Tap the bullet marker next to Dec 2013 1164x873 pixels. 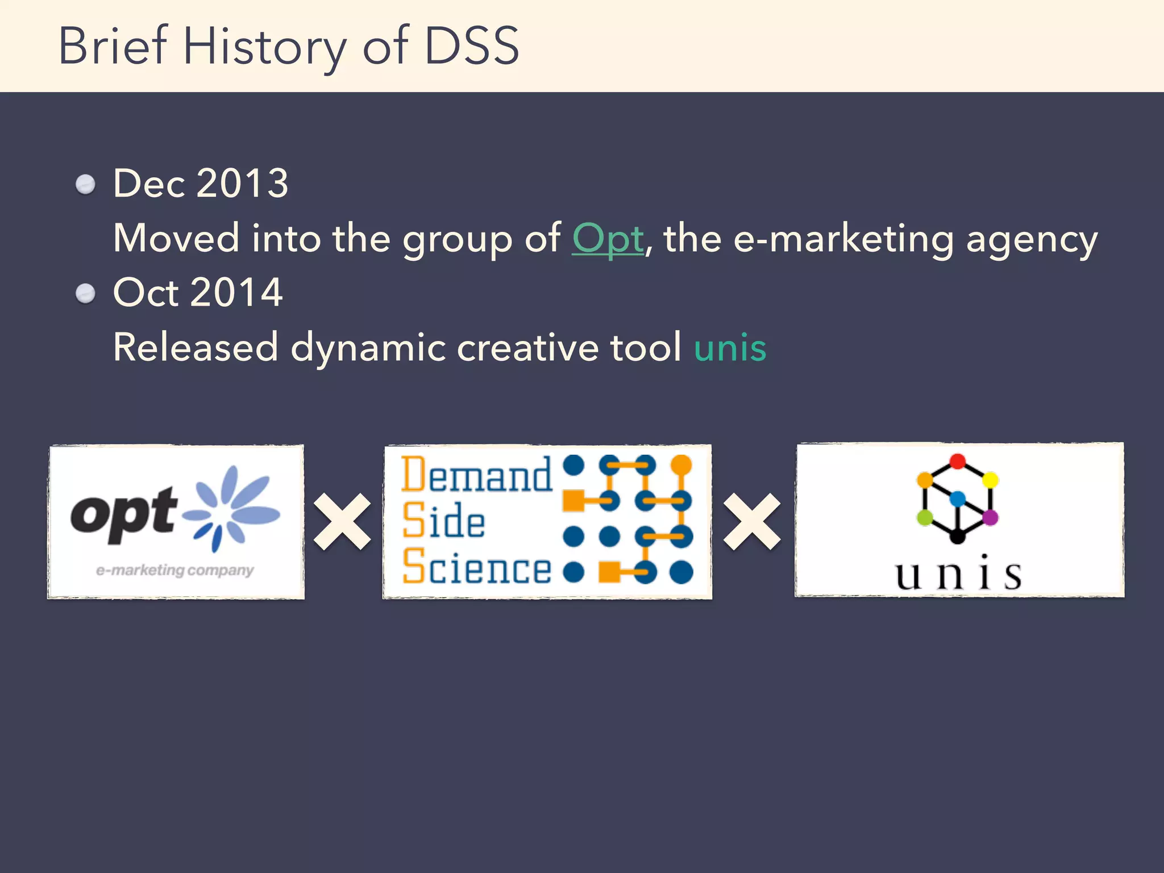tap(86, 184)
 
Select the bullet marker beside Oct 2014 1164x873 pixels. tap(86, 293)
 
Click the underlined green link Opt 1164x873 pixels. tap(608, 239)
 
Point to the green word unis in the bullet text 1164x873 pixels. tap(730, 347)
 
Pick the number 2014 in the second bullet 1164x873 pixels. tap(236, 293)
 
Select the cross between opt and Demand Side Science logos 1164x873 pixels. tap(342, 521)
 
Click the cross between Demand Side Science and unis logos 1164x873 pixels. tap(752, 521)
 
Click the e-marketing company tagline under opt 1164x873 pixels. tap(174, 570)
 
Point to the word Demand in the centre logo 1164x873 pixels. tap(476, 474)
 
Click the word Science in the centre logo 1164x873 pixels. tap(476, 567)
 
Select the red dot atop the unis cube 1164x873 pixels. tap(958, 461)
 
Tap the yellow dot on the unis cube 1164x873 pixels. tap(990, 480)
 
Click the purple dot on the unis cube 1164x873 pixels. tap(990, 517)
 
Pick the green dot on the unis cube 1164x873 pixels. tap(925, 517)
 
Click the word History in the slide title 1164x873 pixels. tap(264, 47)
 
